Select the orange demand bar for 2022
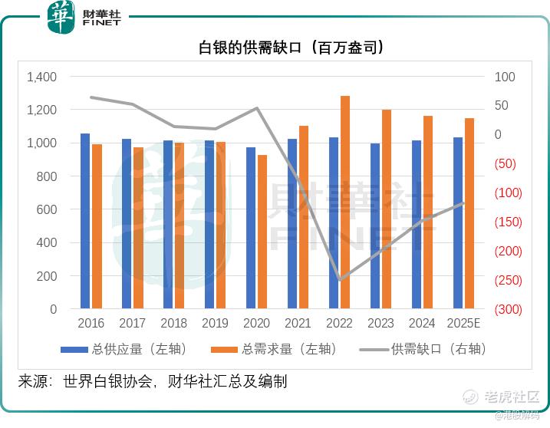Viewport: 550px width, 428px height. pos(345,202)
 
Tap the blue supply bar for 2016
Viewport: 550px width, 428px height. pos(85,221)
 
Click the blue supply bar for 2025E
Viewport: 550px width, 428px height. pos(458,223)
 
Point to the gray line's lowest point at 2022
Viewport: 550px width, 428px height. pos(340,280)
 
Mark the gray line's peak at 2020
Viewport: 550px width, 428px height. pos(257,108)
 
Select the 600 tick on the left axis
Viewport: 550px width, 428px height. pos(48,210)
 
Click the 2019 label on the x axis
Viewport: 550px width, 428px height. pos(216,324)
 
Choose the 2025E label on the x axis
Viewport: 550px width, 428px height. pos(463,324)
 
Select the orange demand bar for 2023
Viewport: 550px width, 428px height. pos(387,209)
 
